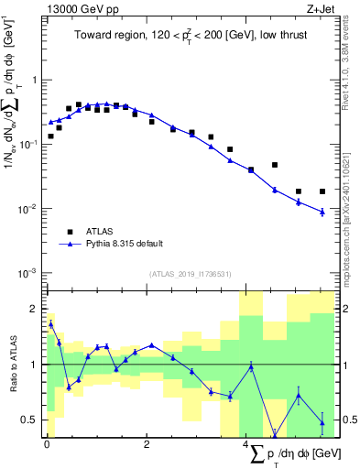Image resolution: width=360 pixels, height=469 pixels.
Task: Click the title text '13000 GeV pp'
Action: click(x=77, y=8)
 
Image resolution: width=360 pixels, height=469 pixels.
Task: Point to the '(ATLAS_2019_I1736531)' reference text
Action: click(x=191, y=274)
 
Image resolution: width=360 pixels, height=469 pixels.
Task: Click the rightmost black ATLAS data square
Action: click(x=322, y=191)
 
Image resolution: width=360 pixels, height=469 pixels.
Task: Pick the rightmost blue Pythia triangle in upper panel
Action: click(x=322, y=212)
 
